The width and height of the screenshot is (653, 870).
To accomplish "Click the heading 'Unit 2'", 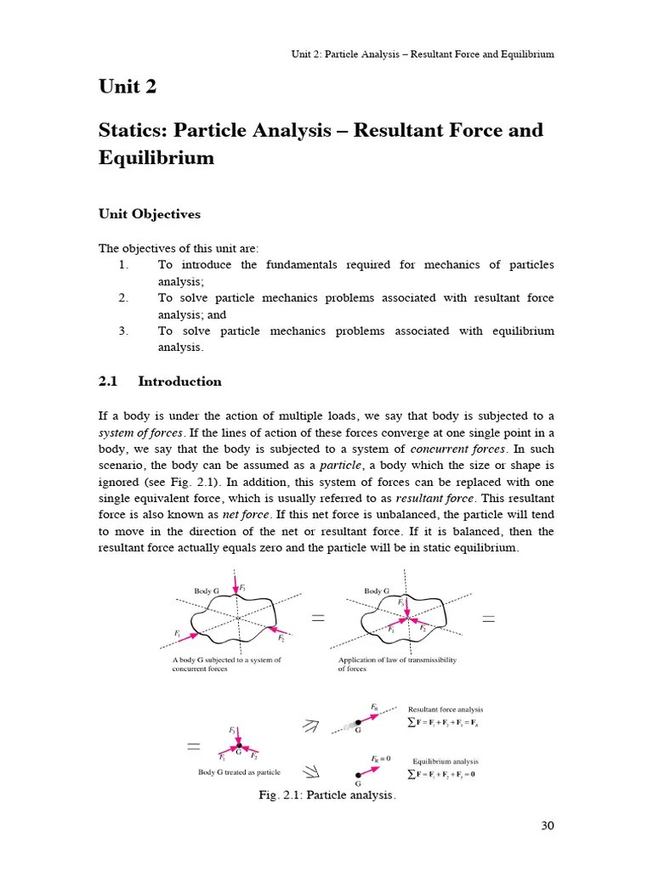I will pyautogui.click(x=128, y=88).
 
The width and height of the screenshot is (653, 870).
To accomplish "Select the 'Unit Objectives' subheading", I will pyautogui.click(x=150, y=214).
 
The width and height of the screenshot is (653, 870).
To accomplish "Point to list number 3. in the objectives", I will pyautogui.click(x=123, y=330).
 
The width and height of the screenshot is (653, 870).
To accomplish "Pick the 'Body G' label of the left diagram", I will pyautogui.click(x=207, y=590).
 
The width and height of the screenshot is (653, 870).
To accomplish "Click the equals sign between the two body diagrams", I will pyautogui.click(x=319, y=619).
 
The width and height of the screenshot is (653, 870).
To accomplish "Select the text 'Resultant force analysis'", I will pyautogui.click(x=446, y=709).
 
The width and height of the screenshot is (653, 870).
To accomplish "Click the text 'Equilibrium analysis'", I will pyautogui.click(x=446, y=761).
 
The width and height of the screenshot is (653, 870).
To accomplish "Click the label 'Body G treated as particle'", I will pyautogui.click(x=239, y=772).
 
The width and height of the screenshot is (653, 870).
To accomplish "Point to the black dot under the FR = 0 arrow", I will pyautogui.click(x=358, y=775).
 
